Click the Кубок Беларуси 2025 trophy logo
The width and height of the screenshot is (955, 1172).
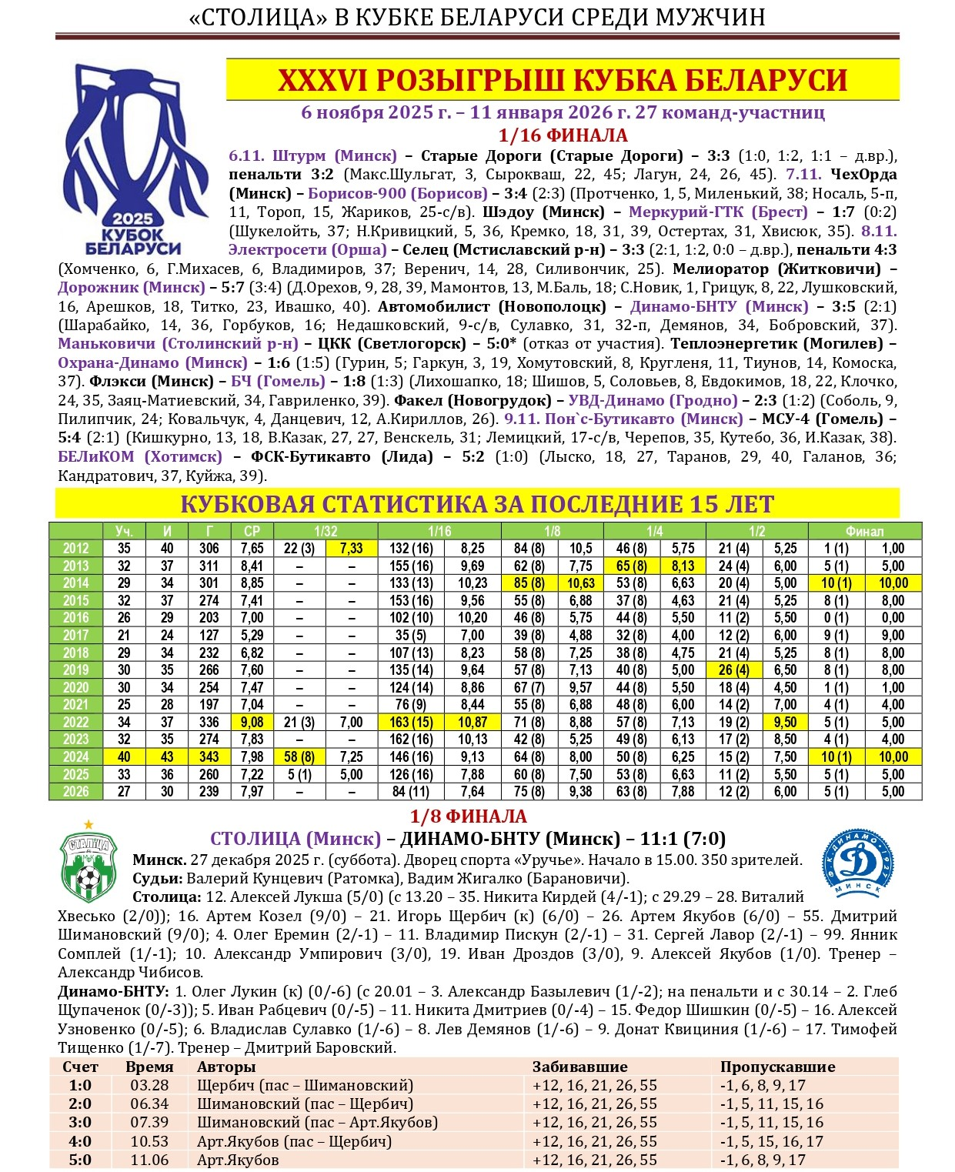132,160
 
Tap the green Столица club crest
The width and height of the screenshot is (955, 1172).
88,865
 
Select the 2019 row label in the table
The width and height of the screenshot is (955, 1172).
75,669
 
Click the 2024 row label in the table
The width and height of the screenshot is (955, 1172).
75,756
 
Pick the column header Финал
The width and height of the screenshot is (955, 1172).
864,531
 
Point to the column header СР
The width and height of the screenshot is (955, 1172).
252,531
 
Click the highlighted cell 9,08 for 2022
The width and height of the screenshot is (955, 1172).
252,722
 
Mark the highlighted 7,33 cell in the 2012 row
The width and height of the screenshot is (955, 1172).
351,549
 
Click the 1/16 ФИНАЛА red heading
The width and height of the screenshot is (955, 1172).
563,135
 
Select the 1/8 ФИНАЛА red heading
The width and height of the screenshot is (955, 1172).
468,816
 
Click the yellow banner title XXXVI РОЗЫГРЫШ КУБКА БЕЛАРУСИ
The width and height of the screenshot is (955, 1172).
563,80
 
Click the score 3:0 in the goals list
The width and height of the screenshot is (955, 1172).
80,1122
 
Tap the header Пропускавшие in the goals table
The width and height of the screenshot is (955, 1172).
777,1067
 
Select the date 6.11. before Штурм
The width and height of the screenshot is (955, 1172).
246,155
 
